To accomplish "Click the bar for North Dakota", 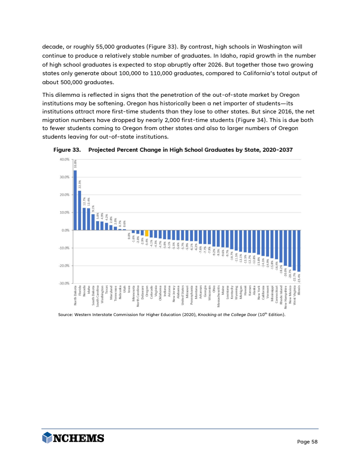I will click(75, 200).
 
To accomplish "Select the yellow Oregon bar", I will click(147, 233).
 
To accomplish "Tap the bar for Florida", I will click(80, 210).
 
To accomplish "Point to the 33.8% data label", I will click(75, 164).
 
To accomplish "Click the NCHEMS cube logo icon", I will click(47, 438).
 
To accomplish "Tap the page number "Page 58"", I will click(308, 442).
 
